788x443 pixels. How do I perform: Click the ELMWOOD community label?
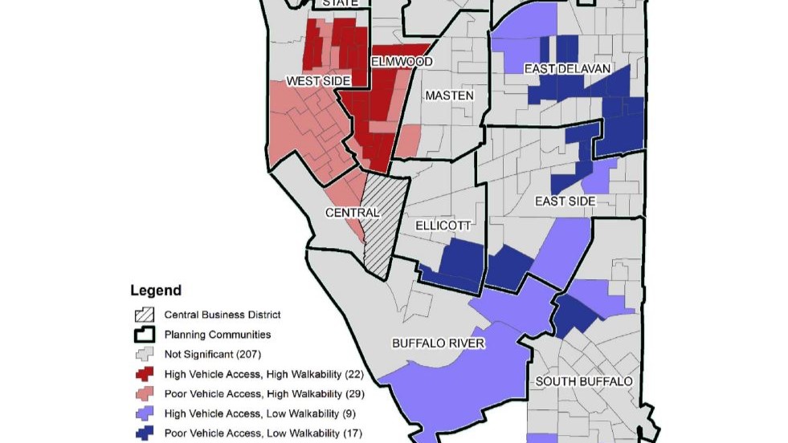point(402,62)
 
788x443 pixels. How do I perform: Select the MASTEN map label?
point(449,96)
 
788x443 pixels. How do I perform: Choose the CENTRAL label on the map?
point(352,213)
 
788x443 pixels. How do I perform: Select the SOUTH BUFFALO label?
point(584,380)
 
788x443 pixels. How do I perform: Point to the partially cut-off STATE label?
point(339,3)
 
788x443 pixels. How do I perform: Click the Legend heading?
point(156,291)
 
